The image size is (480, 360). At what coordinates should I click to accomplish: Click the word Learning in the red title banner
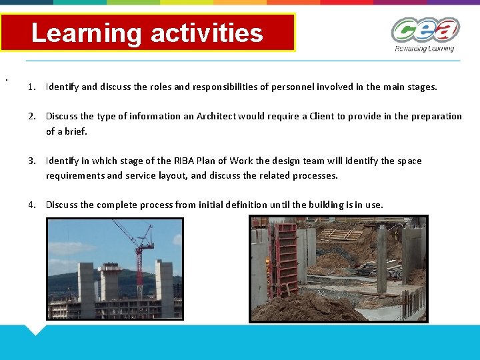tap(86, 33)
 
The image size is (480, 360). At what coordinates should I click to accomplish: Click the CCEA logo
tap(425, 30)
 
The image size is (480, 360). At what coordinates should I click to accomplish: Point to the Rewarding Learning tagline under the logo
tap(424, 49)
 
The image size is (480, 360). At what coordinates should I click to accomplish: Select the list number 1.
tap(32, 87)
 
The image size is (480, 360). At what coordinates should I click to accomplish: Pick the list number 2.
tap(32, 116)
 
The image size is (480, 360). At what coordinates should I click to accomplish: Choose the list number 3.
tap(32, 161)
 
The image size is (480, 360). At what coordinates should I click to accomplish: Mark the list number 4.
tap(32, 205)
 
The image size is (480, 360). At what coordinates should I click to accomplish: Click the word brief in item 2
tap(75, 131)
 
